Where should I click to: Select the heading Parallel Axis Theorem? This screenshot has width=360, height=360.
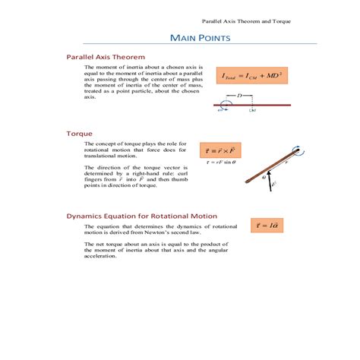pos(106,56)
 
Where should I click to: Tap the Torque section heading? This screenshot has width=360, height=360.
pos(79,133)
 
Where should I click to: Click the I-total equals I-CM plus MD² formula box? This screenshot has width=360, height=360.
pos(253,76)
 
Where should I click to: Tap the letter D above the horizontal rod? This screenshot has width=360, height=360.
pos(239,96)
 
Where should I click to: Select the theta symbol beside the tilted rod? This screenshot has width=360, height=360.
pos(264,176)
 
